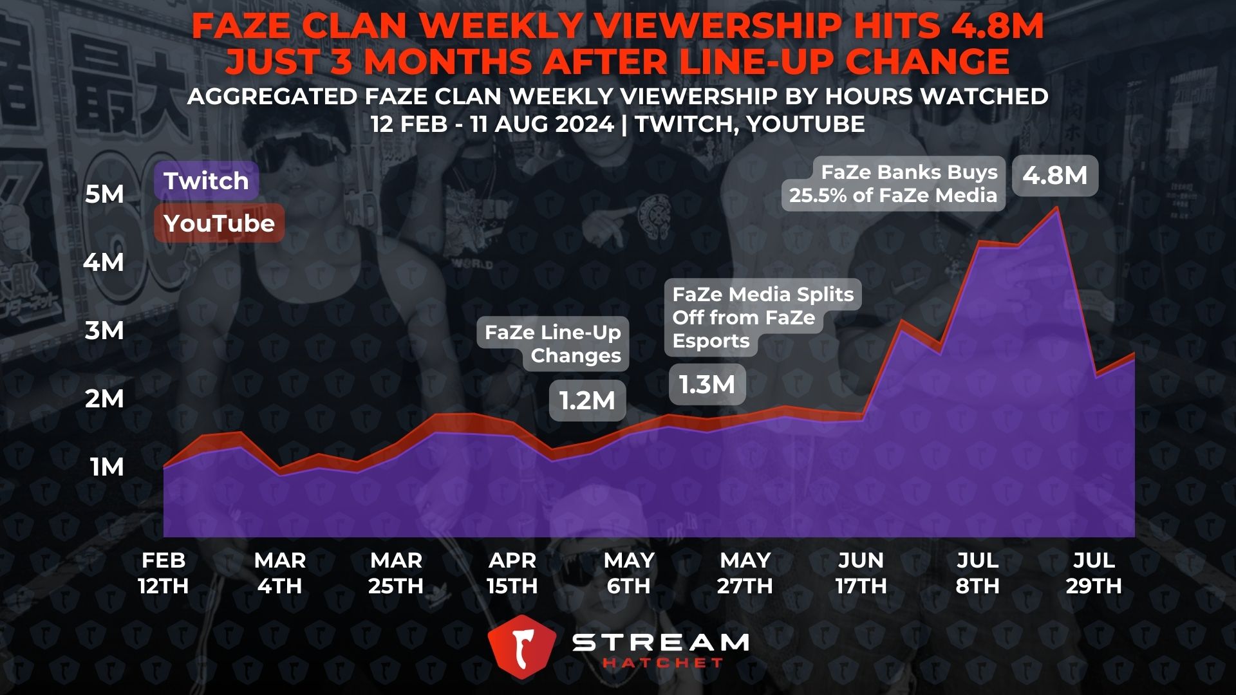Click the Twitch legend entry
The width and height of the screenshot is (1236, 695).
[x=206, y=181]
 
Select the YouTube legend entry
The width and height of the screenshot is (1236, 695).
[x=219, y=223]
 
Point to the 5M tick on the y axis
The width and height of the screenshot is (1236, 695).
[x=104, y=194]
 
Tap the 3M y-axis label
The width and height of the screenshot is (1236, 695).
[x=104, y=330]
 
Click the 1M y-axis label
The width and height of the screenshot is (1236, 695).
[x=107, y=467]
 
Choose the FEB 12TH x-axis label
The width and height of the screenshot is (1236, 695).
[x=164, y=573]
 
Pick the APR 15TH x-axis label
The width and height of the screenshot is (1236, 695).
[x=512, y=573]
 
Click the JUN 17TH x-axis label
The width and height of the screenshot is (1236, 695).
[x=861, y=573]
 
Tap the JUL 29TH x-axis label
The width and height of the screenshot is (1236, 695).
[x=1094, y=573]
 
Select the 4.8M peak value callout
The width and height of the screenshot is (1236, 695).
[x=1055, y=175]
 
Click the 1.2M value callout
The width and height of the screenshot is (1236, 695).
[x=587, y=400]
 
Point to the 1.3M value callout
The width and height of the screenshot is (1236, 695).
[x=707, y=384]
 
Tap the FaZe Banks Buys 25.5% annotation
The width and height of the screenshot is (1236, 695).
[x=894, y=183]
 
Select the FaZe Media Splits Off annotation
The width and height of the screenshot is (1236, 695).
[x=762, y=317]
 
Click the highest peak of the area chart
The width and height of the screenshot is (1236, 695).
[x=1056, y=208]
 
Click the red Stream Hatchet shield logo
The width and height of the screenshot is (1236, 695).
[x=521, y=647]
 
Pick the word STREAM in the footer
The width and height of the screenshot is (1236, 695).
[x=660, y=642]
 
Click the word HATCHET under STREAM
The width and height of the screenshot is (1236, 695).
[x=663, y=663]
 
